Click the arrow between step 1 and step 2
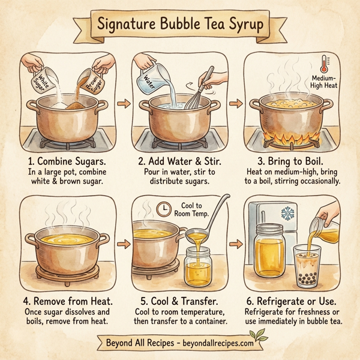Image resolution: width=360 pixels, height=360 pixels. (x=124, y=104)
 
